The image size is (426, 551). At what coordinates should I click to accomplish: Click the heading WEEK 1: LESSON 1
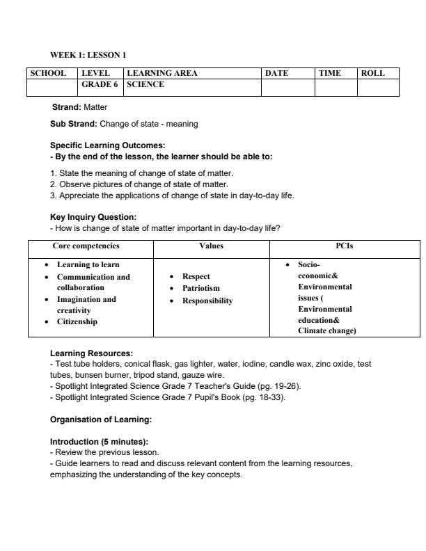(x=88, y=54)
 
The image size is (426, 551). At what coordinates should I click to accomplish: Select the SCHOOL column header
(x=47, y=73)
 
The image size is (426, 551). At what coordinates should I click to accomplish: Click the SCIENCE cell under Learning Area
(x=145, y=84)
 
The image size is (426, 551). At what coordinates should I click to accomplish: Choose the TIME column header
(x=329, y=73)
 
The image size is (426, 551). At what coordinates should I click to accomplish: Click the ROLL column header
(x=373, y=73)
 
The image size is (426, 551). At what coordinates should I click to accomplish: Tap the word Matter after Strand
(x=95, y=107)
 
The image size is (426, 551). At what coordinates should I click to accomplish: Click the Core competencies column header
(x=86, y=246)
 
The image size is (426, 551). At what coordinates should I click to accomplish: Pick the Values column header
(x=211, y=246)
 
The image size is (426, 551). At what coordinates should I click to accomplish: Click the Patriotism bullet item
(x=200, y=288)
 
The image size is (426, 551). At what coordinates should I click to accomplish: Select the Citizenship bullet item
(x=77, y=321)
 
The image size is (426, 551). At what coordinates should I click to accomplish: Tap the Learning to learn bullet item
(x=88, y=264)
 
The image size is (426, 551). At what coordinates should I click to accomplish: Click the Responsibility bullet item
(x=207, y=301)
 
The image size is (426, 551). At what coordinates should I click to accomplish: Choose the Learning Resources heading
(x=91, y=353)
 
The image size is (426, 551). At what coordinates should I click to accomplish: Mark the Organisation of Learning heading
(x=101, y=420)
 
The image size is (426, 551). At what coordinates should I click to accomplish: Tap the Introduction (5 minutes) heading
(x=99, y=442)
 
